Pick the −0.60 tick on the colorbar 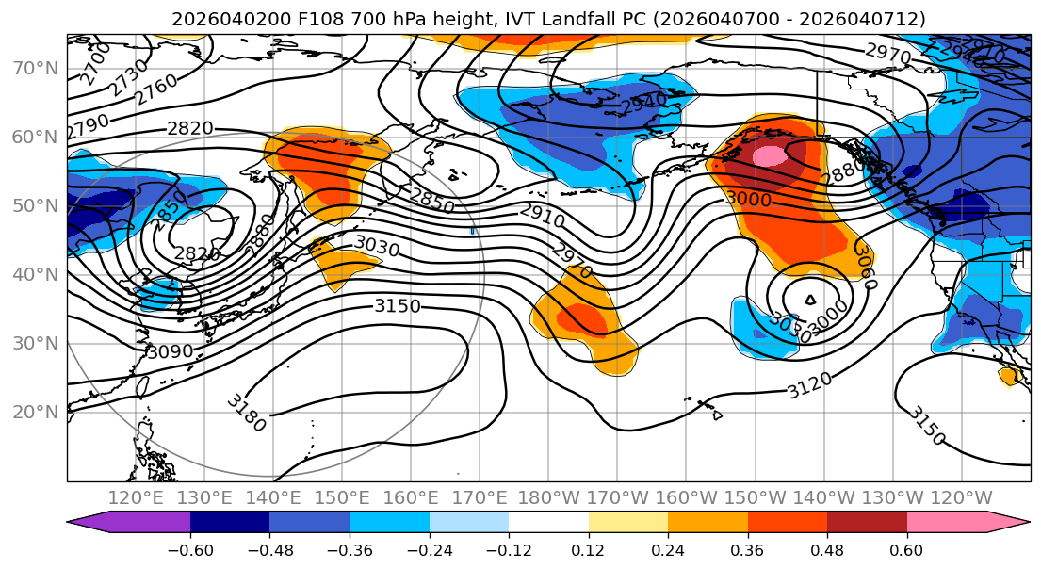(x=190, y=549)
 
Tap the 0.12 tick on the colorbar (x=589, y=549)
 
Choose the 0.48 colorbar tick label (x=827, y=549)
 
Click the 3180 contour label (x=246, y=413)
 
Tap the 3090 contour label (x=170, y=351)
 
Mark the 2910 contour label (x=543, y=216)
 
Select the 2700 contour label (x=94, y=63)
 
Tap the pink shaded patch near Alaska (x=769, y=155)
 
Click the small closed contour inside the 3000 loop (x=811, y=300)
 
